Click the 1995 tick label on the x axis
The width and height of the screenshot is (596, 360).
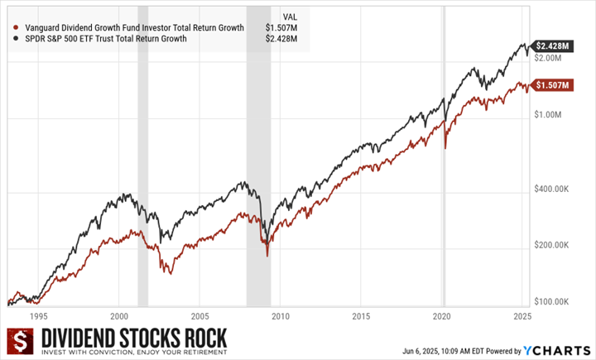click(x=38, y=316)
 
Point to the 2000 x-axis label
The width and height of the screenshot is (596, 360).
click(x=118, y=316)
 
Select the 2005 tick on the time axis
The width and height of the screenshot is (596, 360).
click(x=199, y=316)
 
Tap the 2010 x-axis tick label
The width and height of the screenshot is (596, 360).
click(x=280, y=316)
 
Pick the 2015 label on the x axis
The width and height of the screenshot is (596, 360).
click(x=361, y=316)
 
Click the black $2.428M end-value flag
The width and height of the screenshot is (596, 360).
click(x=551, y=46)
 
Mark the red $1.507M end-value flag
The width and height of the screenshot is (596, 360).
click(x=551, y=85)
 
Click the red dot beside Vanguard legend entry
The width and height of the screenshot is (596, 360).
click(x=17, y=27)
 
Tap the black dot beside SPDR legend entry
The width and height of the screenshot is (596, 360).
click(x=17, y=38)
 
